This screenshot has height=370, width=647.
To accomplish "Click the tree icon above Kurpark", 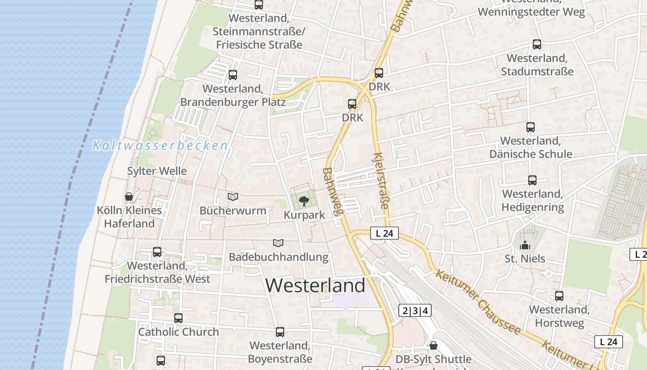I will point(304,201).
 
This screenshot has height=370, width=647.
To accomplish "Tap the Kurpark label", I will point(304,215).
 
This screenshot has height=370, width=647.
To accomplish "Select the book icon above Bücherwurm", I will point(233,197).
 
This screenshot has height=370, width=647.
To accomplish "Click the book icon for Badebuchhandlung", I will point(278,243).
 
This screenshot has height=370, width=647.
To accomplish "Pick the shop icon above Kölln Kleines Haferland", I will point(129,197).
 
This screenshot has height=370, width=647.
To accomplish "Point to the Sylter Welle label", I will point(157,171).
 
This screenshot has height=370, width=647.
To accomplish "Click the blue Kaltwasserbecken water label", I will point(160,146).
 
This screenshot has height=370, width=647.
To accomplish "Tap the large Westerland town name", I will point(315,285).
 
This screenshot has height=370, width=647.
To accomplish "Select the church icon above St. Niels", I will point(525,245).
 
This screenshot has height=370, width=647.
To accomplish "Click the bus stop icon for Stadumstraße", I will point(537,44).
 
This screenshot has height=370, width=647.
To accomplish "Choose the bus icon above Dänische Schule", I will point(530,127).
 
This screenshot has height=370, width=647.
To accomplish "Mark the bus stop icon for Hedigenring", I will point(532,180).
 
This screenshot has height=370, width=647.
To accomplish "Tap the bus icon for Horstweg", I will point(559,296).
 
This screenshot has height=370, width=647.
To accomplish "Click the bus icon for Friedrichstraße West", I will point(157,252).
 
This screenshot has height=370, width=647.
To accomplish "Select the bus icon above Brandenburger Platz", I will point(233,75).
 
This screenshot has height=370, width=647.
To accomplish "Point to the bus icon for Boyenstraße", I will point(280,332).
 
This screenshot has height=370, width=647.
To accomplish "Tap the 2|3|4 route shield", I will point(415,311).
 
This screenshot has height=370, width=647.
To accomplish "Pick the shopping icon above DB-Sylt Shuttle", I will point(433,345).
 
